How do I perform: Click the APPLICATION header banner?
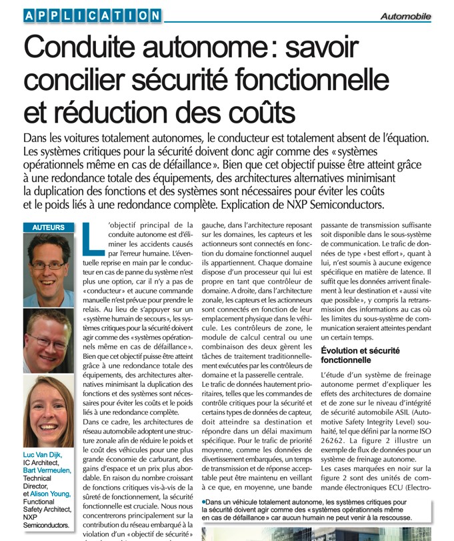tap(91, 15)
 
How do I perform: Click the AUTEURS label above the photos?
tap(48, 227)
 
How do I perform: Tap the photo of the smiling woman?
tap(48, 412)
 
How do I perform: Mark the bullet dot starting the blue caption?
tap(203, 500)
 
